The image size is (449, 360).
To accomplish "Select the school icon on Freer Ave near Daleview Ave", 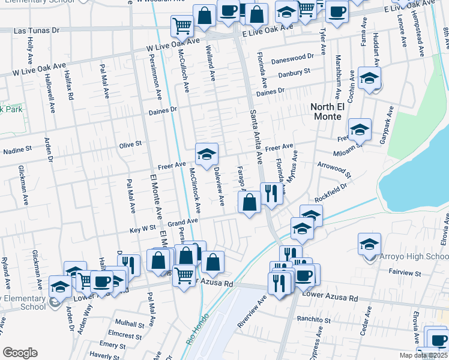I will [206, 154].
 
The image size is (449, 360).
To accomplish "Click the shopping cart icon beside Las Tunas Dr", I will [181, 25].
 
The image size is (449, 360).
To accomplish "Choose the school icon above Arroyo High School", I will [369, 243].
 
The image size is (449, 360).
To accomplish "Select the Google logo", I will [20, 353].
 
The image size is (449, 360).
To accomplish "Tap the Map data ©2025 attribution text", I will [424, 355].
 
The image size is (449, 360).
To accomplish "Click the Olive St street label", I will [130, 144].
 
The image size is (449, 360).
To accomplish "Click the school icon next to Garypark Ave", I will [360, 128].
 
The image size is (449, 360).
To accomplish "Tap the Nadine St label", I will [17, 150].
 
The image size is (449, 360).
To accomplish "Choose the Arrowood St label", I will [334, 170].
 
